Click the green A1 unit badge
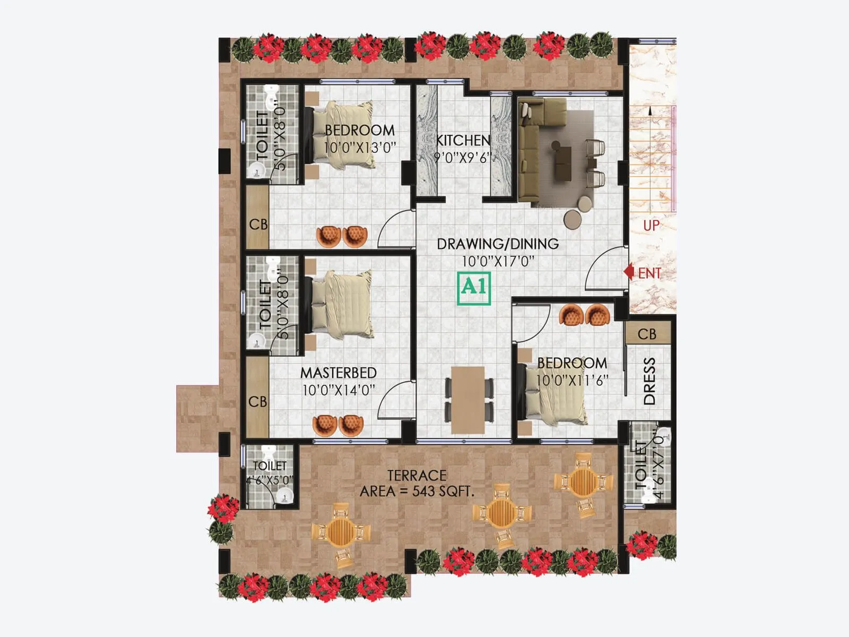pyautogui.click(x=474, y=288)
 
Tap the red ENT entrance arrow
pyautogui.click(x=629, y=272)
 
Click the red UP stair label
pyautogui.click(x=651, y=226)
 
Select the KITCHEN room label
pyautogui.click(x=463, y=140)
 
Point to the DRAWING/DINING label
pyautogui.click(x=498, y=244)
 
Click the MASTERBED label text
pyautogui.click(x=339, y=373)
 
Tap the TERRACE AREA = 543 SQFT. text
pyautogui.click(x=417, y=483)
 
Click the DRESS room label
pyautogui.click(x=649, y=381)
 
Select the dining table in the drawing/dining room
pyautogui.click(x=469, y=399)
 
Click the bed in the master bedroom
pyautogui.click(x=340, y=305)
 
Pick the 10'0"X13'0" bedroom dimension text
pyautogui.click(x=360, y=148)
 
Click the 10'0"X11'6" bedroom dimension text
pyautogui.click(x=571, y=381)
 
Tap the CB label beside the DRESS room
pyautogui.click(x=647, y=334)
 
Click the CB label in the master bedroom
pyautogui.click(x=258, y=402)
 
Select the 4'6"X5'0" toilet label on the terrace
pyautogui.click(x=270, y=480)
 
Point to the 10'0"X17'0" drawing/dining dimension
pyautogui.click(x=498, y=261)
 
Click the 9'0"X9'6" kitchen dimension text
pyautogui.click(x=463, y=158)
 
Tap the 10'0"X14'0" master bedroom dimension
pyautogui.click(x=339, y=390)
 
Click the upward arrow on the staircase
pyautogui.click(x=648, y=113)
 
